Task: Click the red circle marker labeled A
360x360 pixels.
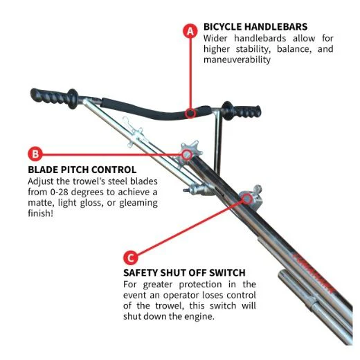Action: [x=190, y=31]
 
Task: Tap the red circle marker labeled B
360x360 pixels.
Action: [x=35, y=154]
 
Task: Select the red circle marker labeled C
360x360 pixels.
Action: [x=130, y=258]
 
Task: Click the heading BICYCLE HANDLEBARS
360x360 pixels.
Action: [x=255, y=27]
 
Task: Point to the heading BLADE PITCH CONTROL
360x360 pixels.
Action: [x=82, y=170]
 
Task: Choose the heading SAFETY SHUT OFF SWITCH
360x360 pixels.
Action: [x=184, y=273]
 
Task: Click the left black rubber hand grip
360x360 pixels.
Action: [x=55, y=98]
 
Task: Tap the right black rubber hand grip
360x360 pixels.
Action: [x=242, y=111]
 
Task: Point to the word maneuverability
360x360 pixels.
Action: [x=237, y=60]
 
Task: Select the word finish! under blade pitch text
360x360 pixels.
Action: [x=40, y=213]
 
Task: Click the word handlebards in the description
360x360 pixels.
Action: [x=260, y=38]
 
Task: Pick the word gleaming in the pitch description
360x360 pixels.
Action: [x=138, y=203]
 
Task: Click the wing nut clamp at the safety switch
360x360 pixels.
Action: [x=251, y=197]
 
